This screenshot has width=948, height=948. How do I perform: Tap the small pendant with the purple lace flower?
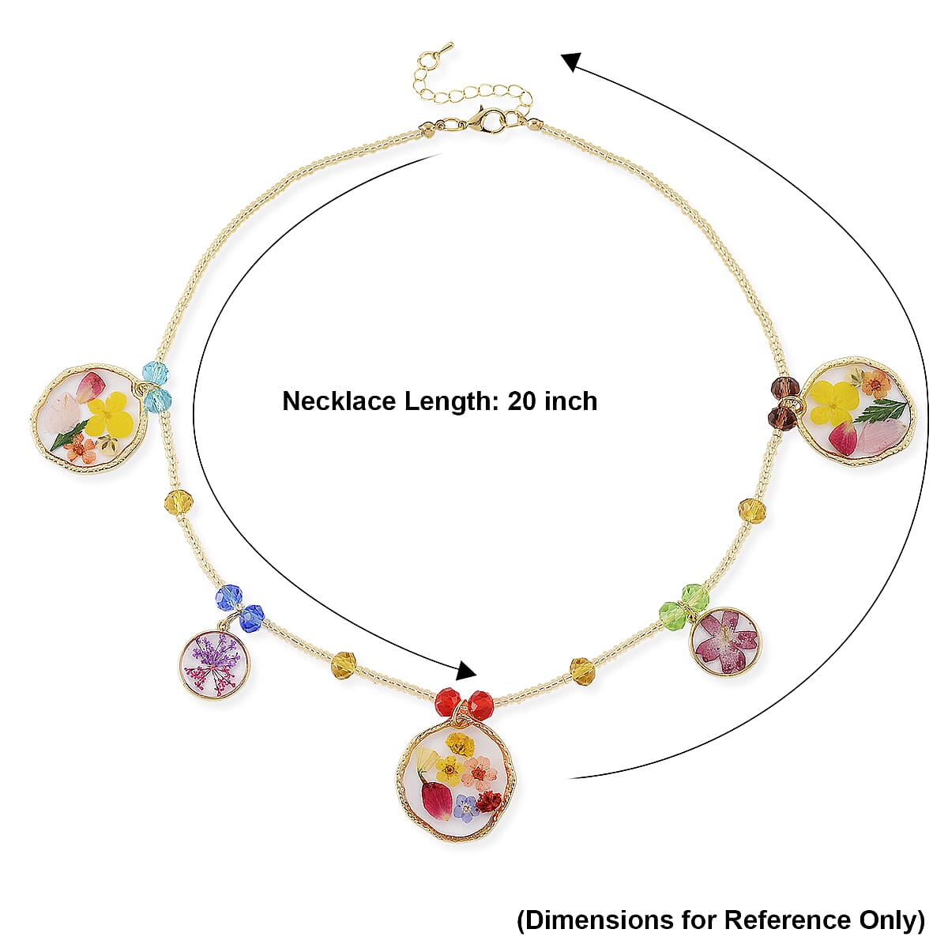point(214,664)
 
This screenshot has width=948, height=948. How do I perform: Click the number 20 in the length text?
point(521,401)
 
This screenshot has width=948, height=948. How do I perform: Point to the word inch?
point(570,401)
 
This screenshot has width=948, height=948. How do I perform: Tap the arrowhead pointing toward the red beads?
point(467,671)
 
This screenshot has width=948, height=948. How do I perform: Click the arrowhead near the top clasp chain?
point(571,61)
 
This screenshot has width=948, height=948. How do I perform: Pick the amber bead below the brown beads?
point(751,510)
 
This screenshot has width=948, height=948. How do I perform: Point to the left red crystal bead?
point(447,702)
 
